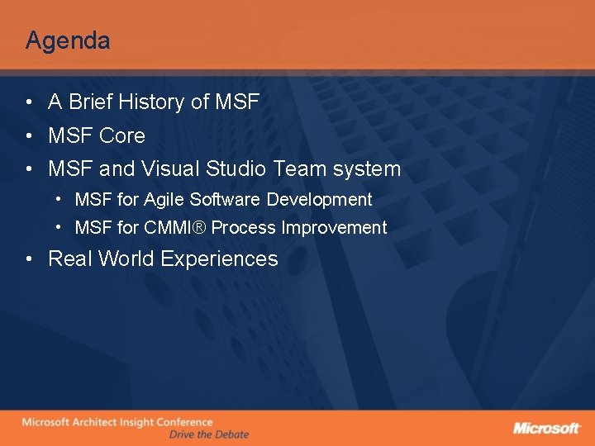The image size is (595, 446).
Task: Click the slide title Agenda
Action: coord(68,40)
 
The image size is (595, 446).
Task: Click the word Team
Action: coord(299,169)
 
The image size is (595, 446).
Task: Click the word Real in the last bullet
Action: coord(69,259)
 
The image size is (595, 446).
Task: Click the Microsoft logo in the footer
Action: coord(546,428)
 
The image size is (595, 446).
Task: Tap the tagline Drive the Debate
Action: coord(208,434)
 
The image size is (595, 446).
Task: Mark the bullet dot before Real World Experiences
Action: coord(29,259)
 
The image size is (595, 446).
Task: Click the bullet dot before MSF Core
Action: coord(29,136)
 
